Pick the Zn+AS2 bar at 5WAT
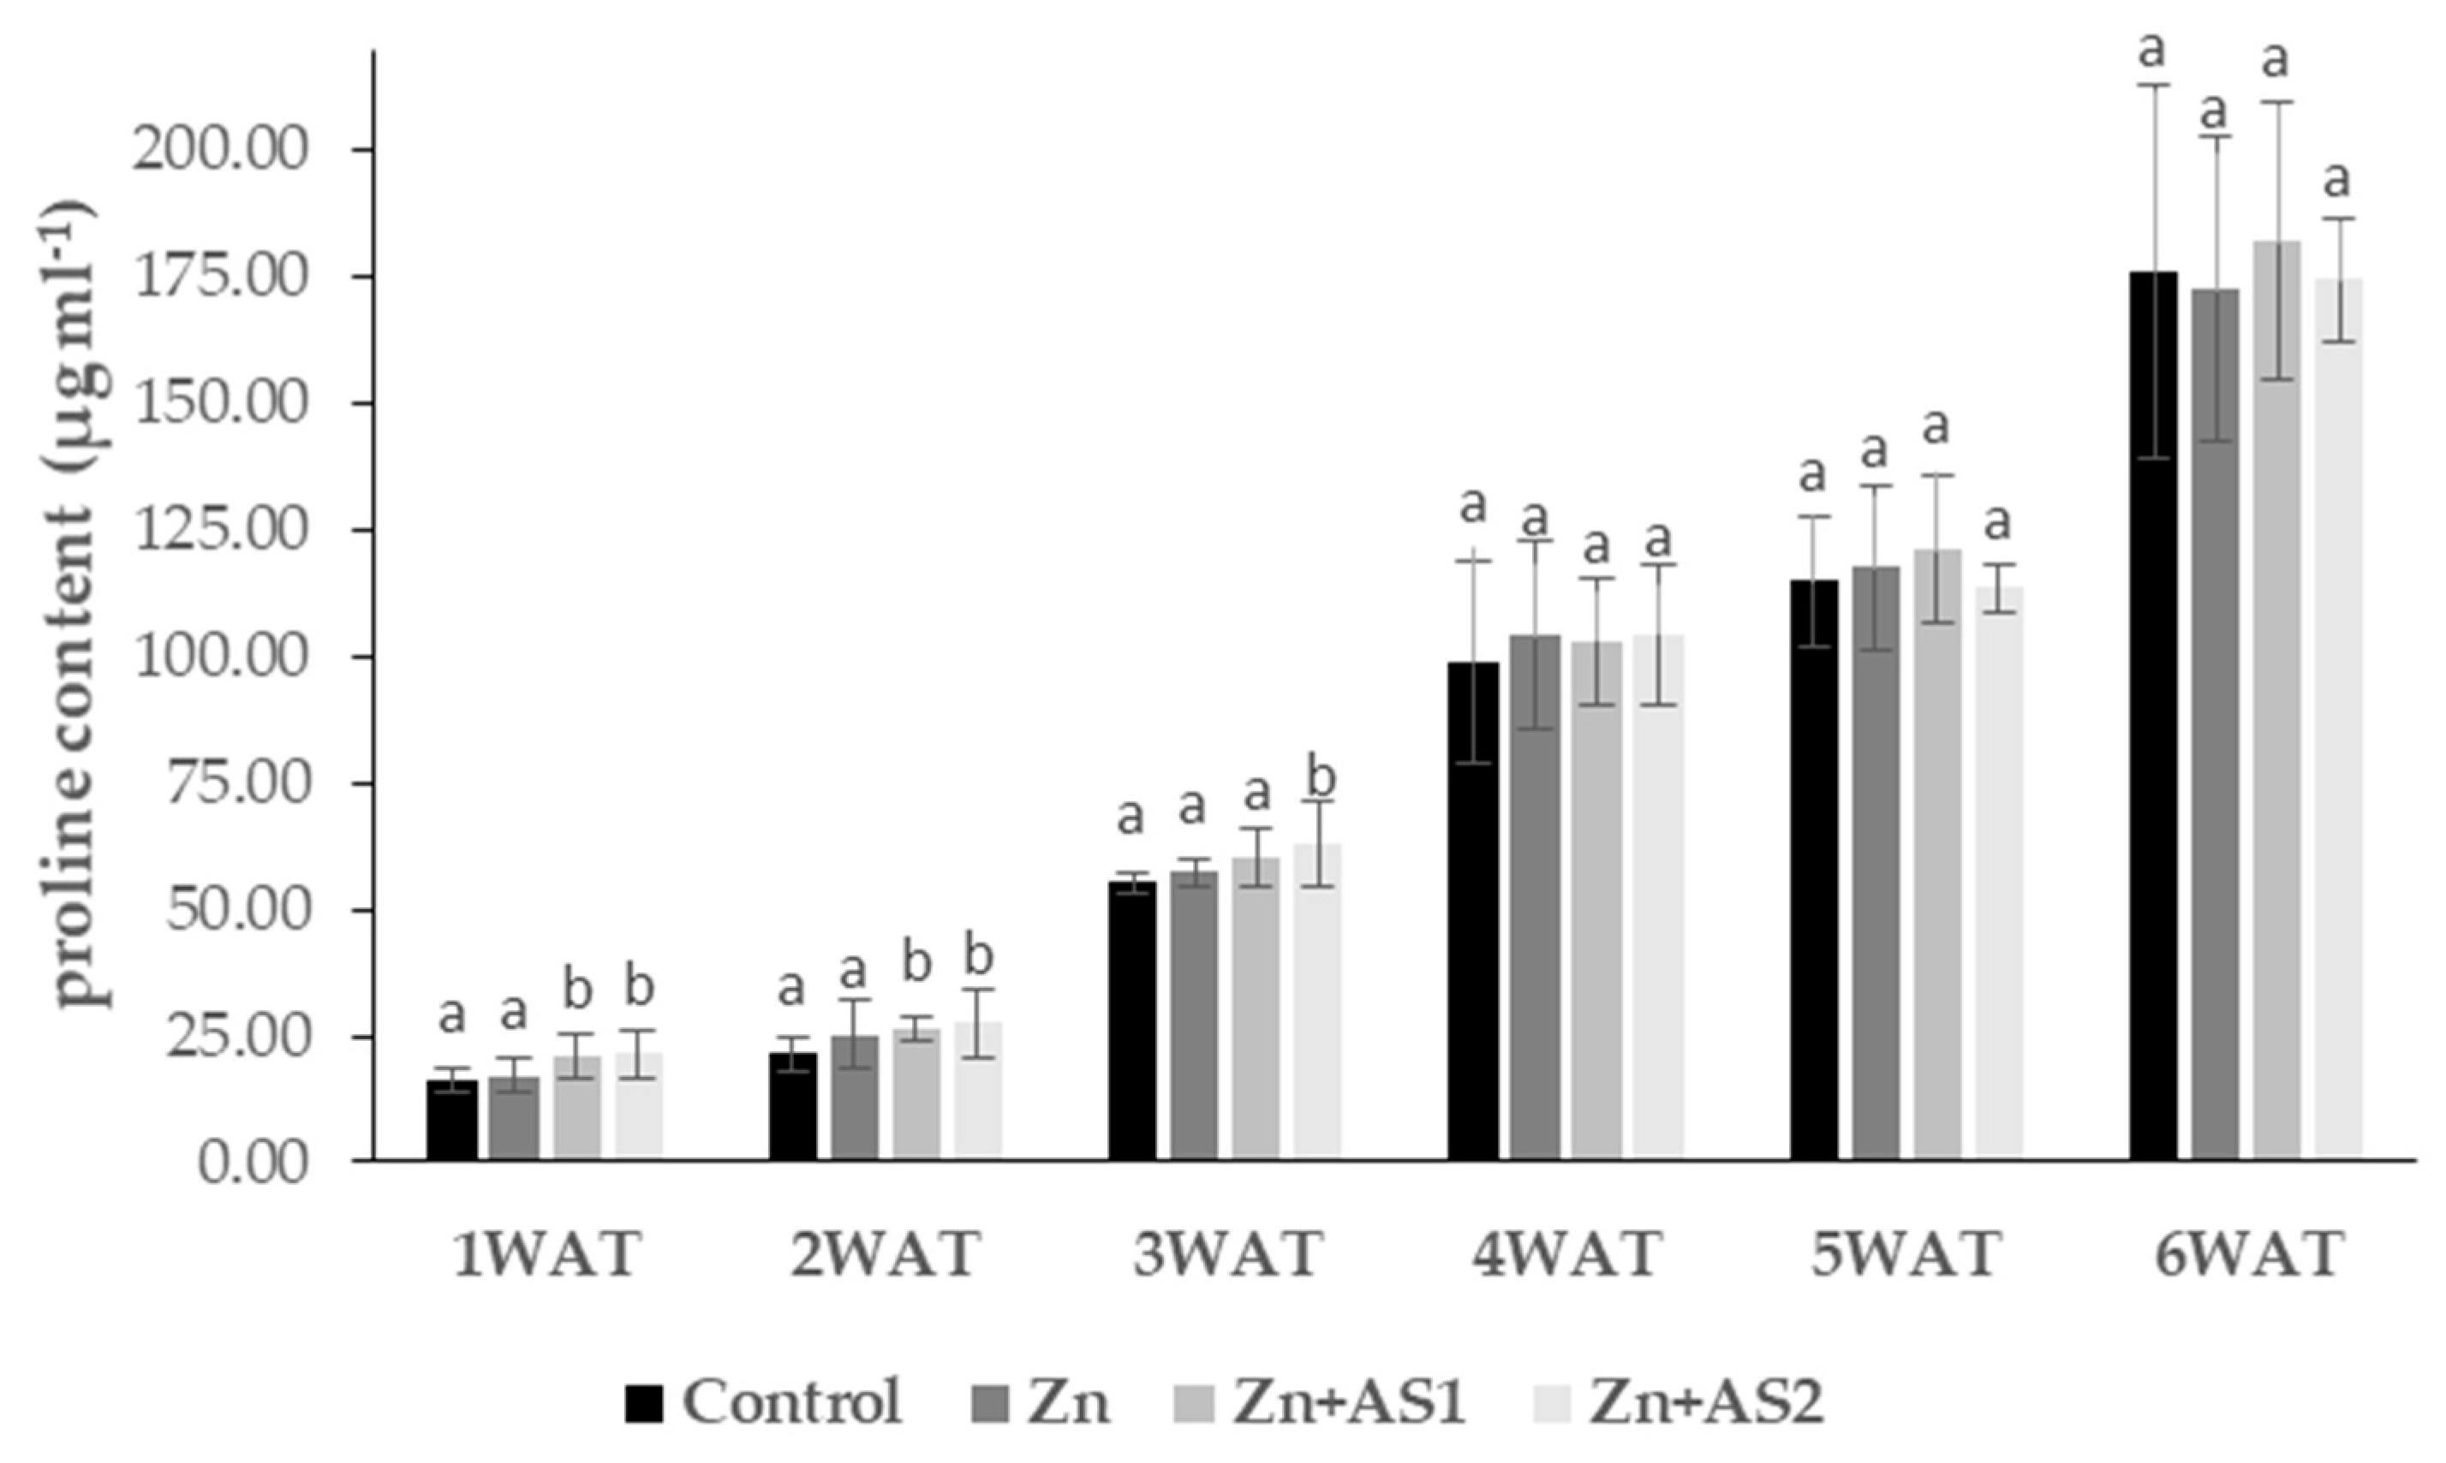tap(1999, 877)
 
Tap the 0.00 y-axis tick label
tap(254, 1163)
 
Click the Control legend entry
tap(764, 1400)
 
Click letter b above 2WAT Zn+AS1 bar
tap(917, 964)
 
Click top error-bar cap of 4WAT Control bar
tap(1474, 560)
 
